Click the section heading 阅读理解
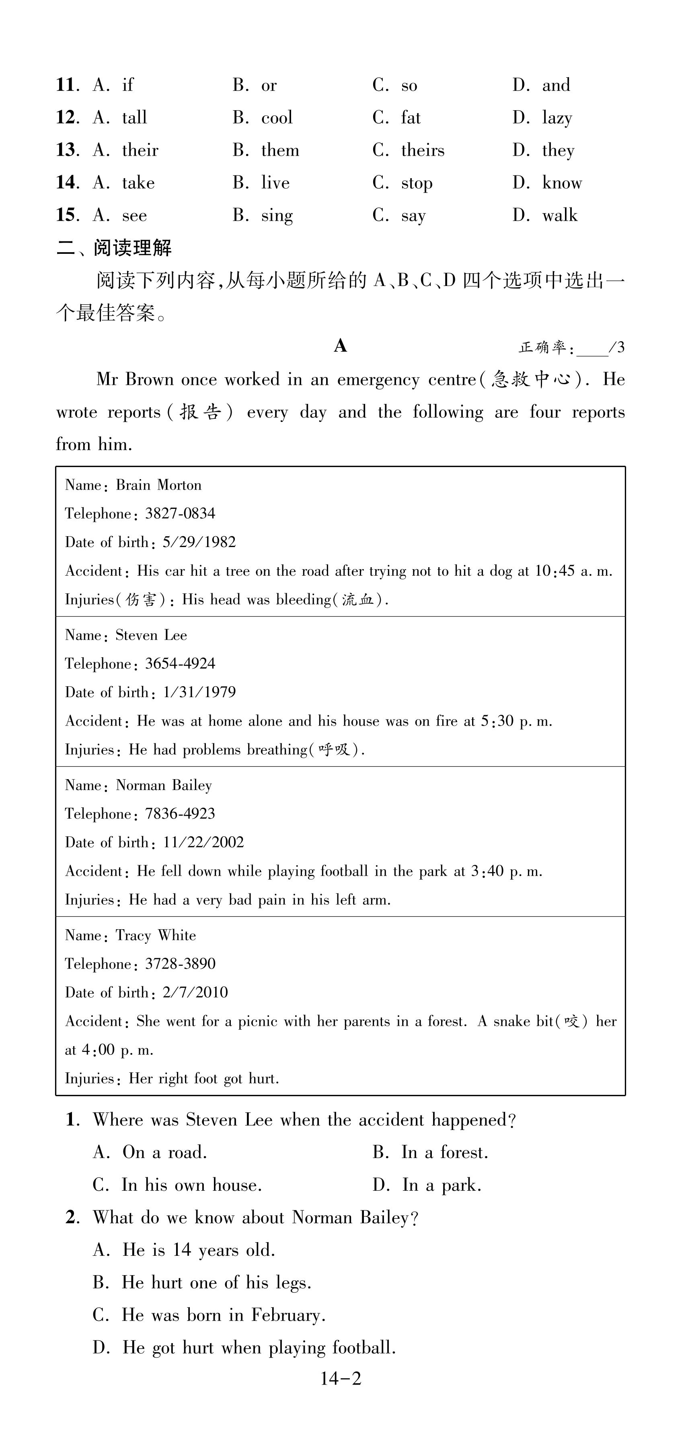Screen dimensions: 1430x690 pyautogui.click(x=132, y=248)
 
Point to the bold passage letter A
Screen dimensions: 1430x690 pyautogui.click(x=340, y=346)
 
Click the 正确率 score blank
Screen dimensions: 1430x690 pyautogui.click(x=592, y=349)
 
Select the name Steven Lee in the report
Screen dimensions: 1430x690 pyautogui.click(x=151, y=635)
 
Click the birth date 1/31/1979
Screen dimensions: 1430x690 pyautogui.click(x=199, y=692)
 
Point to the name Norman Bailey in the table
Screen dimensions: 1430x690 pyautogui.click(x=164, y=785)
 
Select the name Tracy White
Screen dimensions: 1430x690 pyautogui.click(x=156, y=935)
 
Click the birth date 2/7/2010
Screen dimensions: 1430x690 pyautogui.click(x=195, y=993)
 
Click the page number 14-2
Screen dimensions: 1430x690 pyautogui.click(x=340, y=1379)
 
